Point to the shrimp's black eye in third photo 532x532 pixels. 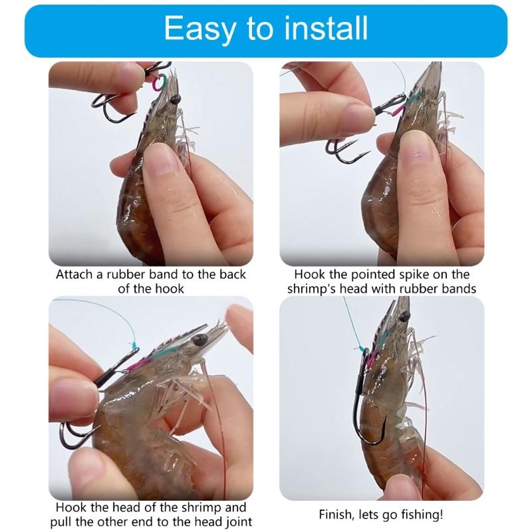[198, 340]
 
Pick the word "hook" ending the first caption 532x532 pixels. [171, 289]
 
